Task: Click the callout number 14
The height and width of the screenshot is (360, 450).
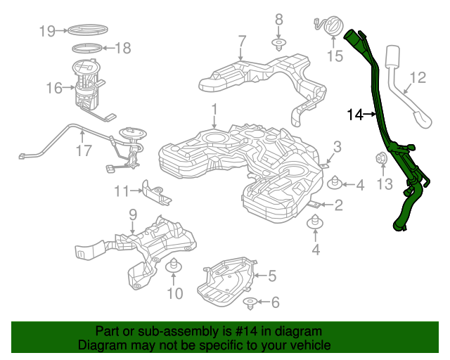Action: coord(355,114)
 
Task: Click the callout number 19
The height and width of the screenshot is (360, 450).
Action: coord(47,31)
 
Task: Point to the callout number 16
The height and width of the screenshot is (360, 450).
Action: coord(55,88)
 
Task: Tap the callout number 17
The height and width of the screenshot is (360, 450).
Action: coord(84,150)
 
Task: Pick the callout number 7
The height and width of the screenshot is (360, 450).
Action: coord(241,41)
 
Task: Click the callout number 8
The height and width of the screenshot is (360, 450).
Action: coord(278,19)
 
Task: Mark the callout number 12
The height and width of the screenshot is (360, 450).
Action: coord(418,77)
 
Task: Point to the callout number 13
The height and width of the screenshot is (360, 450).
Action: coord(383,184)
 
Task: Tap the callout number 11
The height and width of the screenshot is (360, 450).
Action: coord(122,191)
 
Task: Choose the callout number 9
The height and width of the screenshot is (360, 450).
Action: coord(132,214)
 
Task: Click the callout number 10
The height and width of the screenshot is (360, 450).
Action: coord(174,292)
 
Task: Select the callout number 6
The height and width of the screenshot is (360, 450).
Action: coord(274,302)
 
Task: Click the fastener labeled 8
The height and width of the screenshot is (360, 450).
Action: coord(278,46)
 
